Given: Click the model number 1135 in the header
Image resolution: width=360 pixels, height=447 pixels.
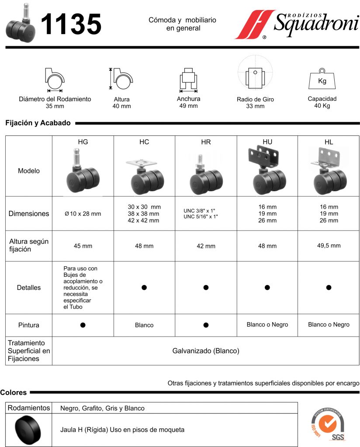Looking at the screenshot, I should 71,24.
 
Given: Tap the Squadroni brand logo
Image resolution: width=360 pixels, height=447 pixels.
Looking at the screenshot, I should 297,24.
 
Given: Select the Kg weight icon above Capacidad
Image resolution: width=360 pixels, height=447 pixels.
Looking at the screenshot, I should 322,79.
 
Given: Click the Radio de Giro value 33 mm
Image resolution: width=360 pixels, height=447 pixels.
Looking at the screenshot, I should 255,106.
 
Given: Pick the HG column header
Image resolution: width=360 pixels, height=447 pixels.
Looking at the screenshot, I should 83,142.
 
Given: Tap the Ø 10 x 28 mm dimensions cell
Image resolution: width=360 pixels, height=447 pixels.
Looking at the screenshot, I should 83,214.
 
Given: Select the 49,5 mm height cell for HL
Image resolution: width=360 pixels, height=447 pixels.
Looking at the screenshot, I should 329,246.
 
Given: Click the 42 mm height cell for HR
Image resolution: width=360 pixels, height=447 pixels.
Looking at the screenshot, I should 206,246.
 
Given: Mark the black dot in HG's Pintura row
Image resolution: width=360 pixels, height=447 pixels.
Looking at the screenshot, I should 83,325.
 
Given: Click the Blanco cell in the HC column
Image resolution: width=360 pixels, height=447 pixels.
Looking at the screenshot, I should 144,325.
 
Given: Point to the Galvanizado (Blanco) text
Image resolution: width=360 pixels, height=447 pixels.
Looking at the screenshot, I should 206,351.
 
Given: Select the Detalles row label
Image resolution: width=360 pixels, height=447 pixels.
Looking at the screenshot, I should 29,288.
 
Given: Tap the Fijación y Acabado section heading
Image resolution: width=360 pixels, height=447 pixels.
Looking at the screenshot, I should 38,123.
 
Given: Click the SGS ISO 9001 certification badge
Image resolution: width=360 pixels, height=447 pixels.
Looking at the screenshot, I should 327,426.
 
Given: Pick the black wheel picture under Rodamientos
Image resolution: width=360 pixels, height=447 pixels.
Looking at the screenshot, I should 29,430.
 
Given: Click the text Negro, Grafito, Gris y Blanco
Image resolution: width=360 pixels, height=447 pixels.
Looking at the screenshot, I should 102,409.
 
